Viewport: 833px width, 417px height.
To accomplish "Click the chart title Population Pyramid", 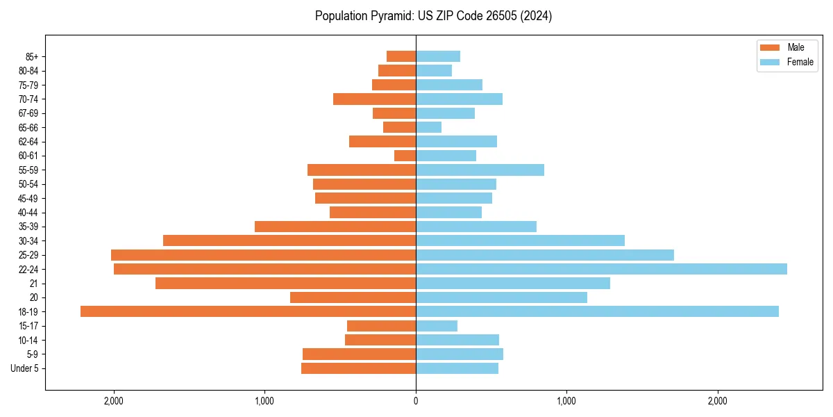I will coord(433,16).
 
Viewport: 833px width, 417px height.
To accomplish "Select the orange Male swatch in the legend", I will coord(770,47).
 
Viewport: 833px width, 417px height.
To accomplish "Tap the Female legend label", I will coord(800,62).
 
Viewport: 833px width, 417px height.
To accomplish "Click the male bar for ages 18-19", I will coord(248,311).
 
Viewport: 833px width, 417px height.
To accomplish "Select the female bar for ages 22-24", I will coord(601,269).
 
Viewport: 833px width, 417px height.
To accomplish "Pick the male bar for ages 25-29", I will coord(263,255).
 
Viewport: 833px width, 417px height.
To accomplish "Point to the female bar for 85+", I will coord(438,56).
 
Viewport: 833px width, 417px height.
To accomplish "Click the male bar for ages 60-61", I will coord(405,156).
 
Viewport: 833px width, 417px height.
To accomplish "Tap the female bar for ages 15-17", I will coord(437,326).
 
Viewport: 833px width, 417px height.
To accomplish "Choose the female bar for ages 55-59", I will coord(480,170).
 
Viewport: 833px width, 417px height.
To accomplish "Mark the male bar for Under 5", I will coord(358,368).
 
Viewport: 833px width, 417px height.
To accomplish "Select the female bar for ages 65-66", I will coord(428,127).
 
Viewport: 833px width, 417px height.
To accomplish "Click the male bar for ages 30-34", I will coord(289,240).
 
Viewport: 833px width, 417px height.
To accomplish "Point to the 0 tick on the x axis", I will coord(416,401).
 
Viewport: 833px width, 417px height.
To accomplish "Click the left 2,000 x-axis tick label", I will coord(113,401).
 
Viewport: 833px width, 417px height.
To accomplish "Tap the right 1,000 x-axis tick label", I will coord(566,401).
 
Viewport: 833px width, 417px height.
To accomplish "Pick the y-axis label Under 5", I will coord(24,368).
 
